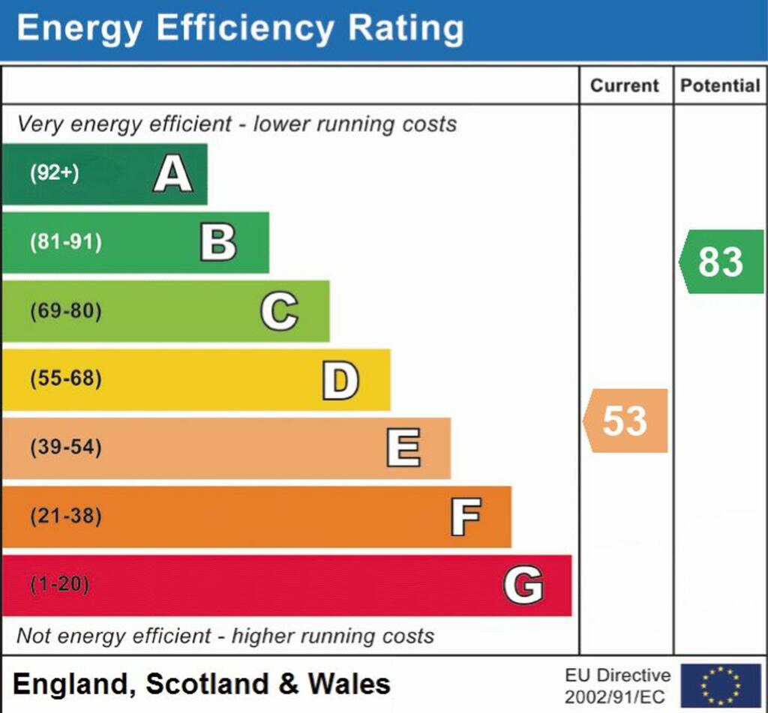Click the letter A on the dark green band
point(173,175)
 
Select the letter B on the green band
point(218,243)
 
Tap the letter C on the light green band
point(279,311)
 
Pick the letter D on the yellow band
point(340,380)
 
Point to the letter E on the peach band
point(403,448)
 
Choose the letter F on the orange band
point(465,517)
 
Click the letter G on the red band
point(523,585)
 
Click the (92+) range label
point(54,173)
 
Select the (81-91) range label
point(65,242)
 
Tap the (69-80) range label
point(65,310)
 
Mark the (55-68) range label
point(65,379)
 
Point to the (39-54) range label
point(65,448)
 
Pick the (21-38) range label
point(65,516)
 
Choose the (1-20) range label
point(59,584)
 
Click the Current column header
point(625,85)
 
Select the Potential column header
point(720,85)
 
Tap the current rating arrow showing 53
point(625,421)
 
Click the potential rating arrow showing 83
point(721,262)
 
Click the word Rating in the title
point(405,28)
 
